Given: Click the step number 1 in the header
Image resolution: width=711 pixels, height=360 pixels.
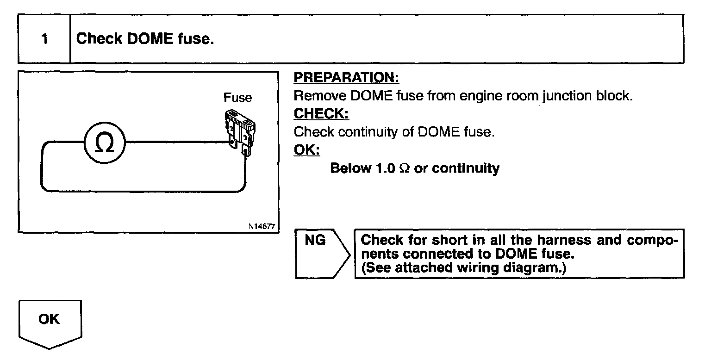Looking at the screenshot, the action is [44, 39].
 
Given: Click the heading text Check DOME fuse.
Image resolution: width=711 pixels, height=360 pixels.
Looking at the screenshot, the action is [145, 39].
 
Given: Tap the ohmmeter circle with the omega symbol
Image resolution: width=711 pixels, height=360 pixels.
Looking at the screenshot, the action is [105, 143].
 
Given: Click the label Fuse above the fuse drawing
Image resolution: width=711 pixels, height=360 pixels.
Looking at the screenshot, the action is [237, 98].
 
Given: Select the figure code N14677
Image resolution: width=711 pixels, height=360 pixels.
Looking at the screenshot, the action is [262, 227].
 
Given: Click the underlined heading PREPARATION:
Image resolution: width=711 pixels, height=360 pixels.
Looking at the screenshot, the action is [346, 78].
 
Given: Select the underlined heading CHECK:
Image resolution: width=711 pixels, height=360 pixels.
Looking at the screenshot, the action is [321, 114].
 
